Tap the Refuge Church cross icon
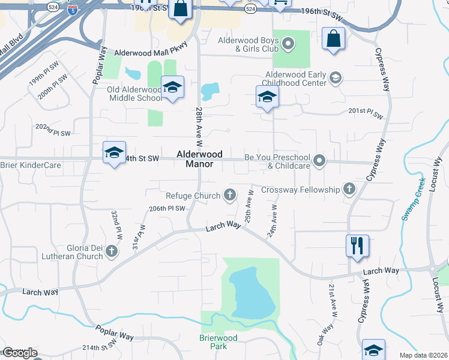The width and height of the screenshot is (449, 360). pyautogui.click(x=229, y=194)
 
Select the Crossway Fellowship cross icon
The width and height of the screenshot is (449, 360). pyautogui.click(x=348, y=190)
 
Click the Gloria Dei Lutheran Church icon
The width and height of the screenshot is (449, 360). pyautogui.click(x=111, y=253)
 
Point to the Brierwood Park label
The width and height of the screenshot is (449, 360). pyautogui.click(x=218, y=342)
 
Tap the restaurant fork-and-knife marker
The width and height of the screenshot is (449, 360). pyautogui.click(x=357, y=246)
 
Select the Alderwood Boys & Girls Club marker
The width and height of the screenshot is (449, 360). pyautogui.click(x=288, y=44)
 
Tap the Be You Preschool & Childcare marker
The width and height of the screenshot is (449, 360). pyautogui.click(x=319, y=160)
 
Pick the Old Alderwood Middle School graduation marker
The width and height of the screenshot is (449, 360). pyautogui.click(x=172, y=88)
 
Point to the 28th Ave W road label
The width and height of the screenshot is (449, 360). pyautogui.click(x=199, y=127)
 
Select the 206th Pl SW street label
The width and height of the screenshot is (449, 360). pyautogui.click(x=167, y=208)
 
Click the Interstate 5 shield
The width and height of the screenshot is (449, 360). pyautogui.click(x=72, y=10)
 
